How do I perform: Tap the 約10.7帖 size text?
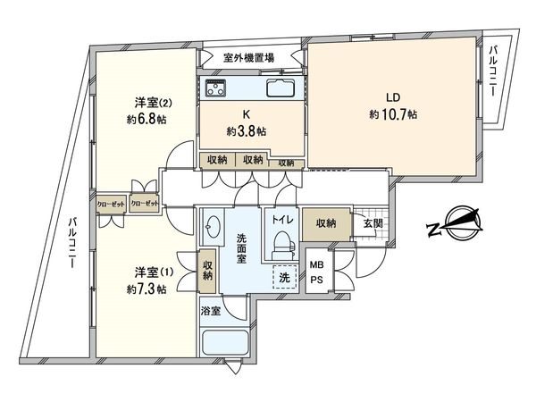point(393,114)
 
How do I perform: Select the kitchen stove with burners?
point(216,88)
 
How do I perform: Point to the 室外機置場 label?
point(248,57)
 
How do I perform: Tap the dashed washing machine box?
point(283,278)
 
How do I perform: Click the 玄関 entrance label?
point(370,222)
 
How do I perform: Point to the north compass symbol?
point(454,222)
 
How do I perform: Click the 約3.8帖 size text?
point(247,131)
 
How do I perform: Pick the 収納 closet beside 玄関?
point(325,222)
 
